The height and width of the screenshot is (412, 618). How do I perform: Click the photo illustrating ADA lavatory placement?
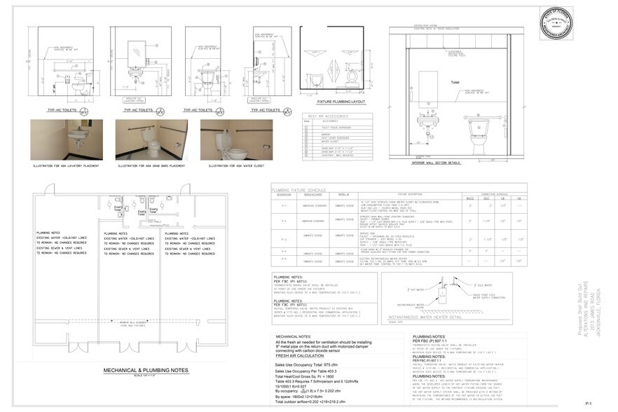point(67,139)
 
